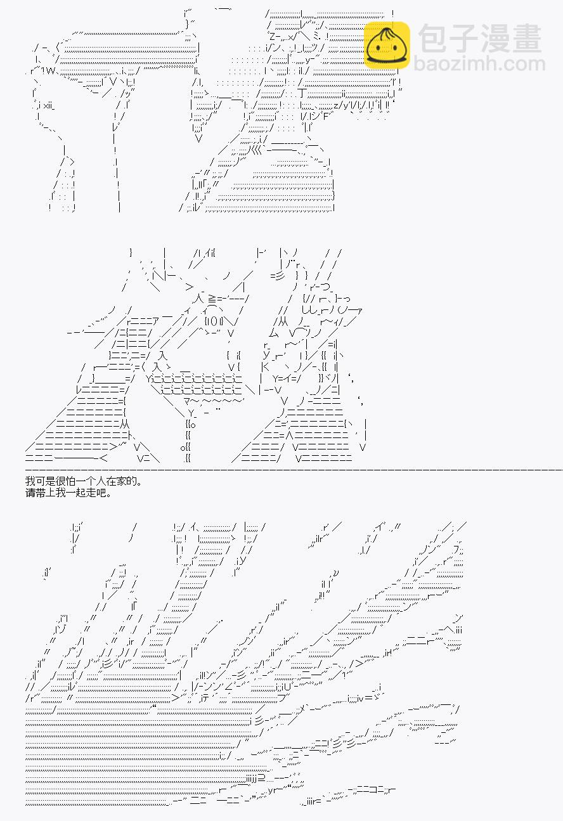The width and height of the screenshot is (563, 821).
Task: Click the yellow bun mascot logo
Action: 387,46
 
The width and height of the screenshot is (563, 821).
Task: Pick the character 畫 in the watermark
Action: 527,39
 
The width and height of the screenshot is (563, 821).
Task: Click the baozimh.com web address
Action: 479,63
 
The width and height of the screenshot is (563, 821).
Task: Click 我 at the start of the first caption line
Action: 30,481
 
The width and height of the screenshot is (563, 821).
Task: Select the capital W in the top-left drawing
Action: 50,71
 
